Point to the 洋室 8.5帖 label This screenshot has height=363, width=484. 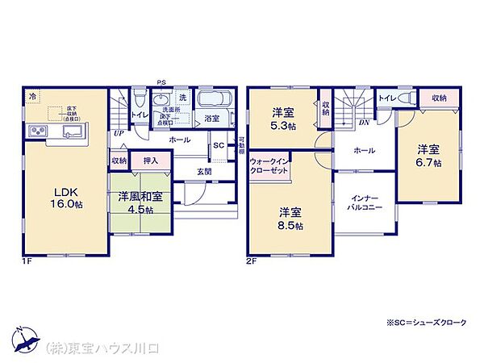click(x=291, y=219)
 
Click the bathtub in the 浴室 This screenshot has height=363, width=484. click(x=215, y=102)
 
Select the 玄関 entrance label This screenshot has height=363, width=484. click(x=204, y=170)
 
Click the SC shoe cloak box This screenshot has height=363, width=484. click(x=218, y=146)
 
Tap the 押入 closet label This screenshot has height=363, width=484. click(x=150, y=161)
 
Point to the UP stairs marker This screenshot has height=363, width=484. click(x=119, y=134)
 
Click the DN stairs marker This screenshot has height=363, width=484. click(x=364, y=123)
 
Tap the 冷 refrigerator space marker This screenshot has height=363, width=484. click(x=32, y=96)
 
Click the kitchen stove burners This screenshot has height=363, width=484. click(x=39, y=131)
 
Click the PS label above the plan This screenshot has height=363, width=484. click(x=161, y=81)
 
